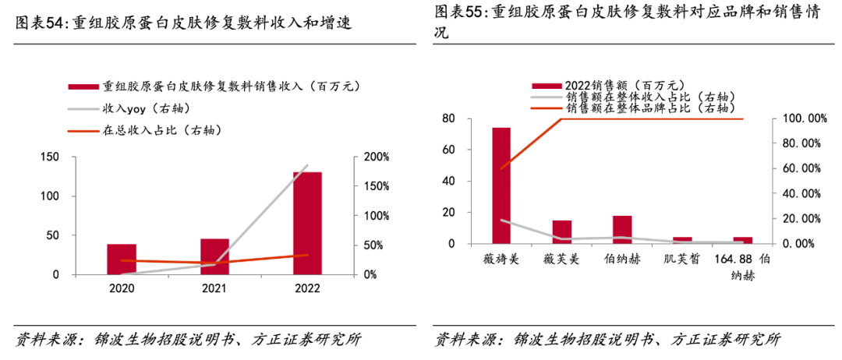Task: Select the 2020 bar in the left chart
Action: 122,259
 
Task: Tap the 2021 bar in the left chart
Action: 214,256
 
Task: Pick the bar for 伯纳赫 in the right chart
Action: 621,230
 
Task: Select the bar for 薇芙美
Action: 561,232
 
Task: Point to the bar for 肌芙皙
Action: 682,240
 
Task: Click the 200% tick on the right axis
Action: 377,157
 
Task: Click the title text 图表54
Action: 42,23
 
